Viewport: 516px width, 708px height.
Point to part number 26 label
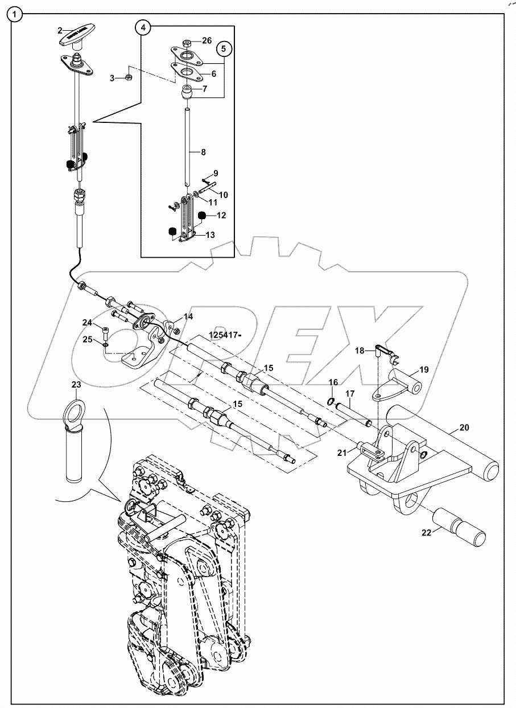tap(207, 41)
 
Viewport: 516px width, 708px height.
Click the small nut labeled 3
tap(129, 76)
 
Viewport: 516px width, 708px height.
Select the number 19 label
tap(424, 370)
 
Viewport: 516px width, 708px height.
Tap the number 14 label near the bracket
tap(188, 316)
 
